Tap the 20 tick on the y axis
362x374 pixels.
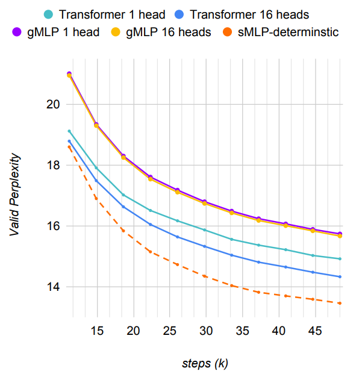(x=54, y=104)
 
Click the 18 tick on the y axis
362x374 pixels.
(x=54, y=165)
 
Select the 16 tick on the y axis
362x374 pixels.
(x=54, y=226)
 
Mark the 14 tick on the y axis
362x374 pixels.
(x=54, y=287)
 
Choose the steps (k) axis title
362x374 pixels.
(x=205, y=363)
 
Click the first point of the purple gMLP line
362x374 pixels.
(x=69, y=74)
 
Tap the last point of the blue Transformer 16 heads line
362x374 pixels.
(x=340, y=277)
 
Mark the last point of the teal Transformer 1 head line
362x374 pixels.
(x=340, y=259)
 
